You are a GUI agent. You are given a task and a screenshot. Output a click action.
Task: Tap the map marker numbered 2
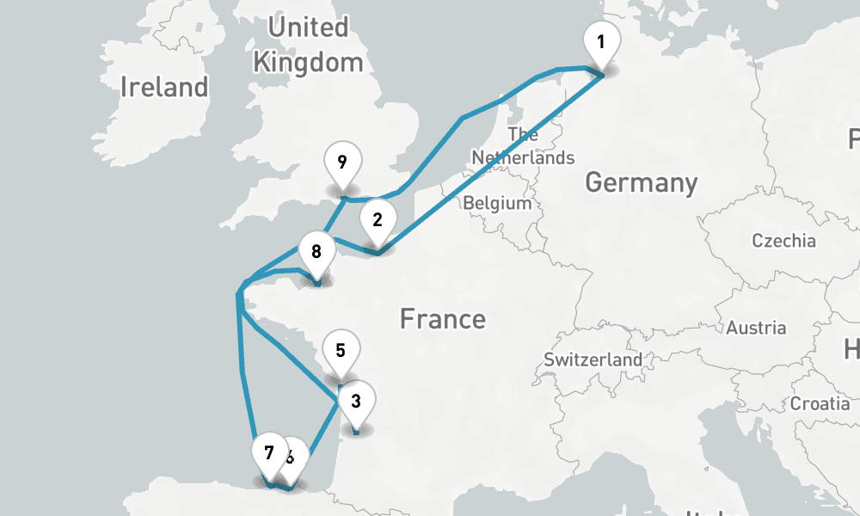click(377, 220)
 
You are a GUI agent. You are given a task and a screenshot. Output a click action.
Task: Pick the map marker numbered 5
click(341, 351)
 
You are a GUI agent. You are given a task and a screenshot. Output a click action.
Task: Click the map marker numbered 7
click(269, 453)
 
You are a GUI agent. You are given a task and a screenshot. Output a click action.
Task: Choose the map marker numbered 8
click(316, 252)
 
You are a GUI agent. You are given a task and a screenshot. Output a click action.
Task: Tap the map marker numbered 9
click(342, 162)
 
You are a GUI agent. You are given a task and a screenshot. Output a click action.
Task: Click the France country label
click(442, 320)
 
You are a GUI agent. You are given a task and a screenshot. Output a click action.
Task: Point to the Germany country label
click(641, 182)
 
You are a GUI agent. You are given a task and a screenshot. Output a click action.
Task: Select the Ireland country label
click(164, 87)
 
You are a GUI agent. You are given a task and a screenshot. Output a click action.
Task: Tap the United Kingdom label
click(308, 45)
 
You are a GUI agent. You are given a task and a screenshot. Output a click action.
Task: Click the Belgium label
click(497, 204)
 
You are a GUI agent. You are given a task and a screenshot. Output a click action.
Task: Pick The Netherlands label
click(523, 146)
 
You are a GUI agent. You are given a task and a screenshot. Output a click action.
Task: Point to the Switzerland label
click(593, 359)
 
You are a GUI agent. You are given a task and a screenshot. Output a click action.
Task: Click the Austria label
click(755, 328)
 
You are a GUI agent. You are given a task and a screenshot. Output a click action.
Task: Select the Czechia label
click(783, 240)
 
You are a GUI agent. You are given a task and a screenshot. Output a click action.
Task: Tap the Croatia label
click(820, 403)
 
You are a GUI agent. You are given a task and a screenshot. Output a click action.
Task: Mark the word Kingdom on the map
click(308, 62)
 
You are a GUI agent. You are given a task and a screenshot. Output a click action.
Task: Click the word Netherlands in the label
click(523, 158)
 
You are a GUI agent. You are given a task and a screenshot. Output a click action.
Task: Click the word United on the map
click(308, 28)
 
